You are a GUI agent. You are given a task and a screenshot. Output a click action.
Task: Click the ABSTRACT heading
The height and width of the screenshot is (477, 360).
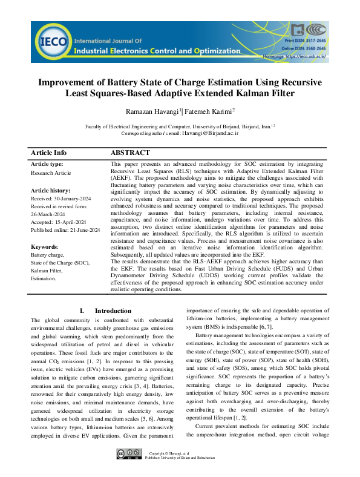click(x=131, y=153)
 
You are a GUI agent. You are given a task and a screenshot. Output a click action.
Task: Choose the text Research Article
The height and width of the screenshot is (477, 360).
click(x=51, y=173)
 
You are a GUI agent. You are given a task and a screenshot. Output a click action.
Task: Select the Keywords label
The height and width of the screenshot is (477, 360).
click(x=44, y=248)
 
